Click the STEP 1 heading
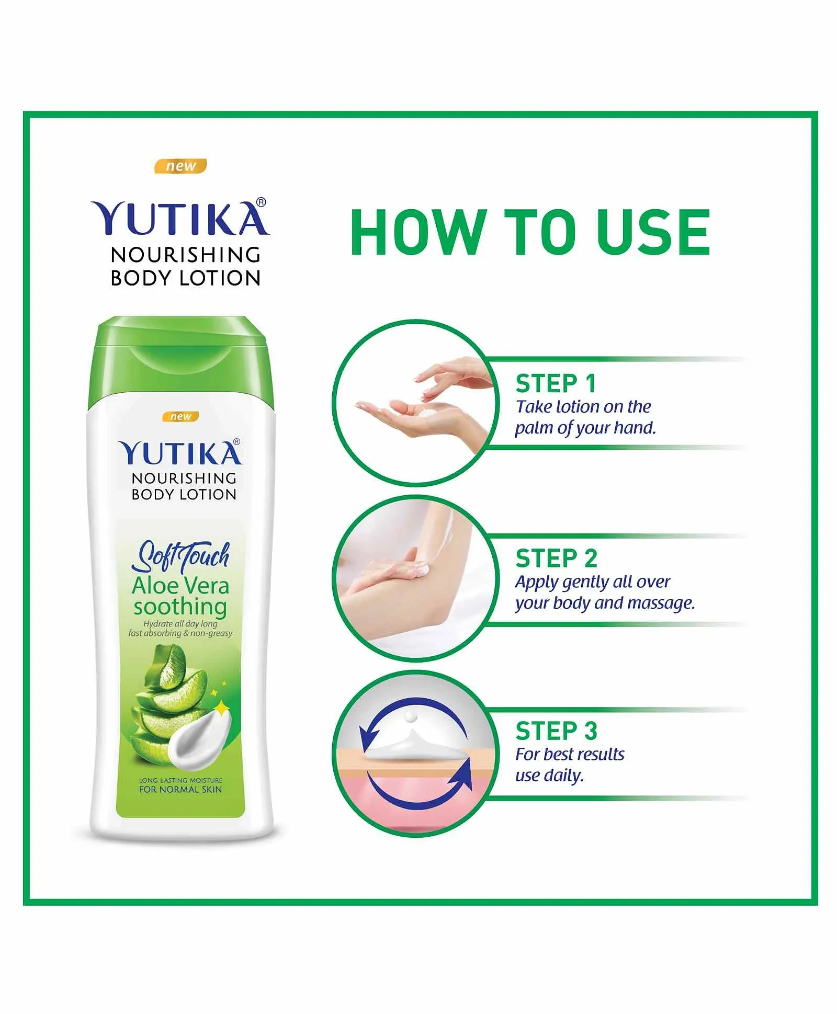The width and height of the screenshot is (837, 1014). pyautogui.click(x=556, y=383)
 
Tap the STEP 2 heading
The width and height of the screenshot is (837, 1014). pyautogui.click(x=556, y=559)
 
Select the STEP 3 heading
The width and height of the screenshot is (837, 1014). pyautogui.click(x=556, y=731)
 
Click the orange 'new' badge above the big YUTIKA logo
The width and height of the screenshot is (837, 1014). pyautogui.click(x=180, y=166)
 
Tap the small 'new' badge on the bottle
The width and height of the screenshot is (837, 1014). pyautogui.click(x=180, y=417)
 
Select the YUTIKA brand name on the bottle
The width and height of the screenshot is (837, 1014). pyautogui.click(x=180, y=453)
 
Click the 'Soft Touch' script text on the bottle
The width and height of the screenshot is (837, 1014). pyautogui.click(x=180, y=556)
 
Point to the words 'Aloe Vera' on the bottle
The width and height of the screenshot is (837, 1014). pyautogui.click(x=180, y=586)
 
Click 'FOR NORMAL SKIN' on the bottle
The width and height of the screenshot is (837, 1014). pyautogui.click(x=180, y=789)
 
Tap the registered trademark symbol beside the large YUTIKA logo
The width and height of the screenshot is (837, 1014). pyautogui.click(x=262, y=202)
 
